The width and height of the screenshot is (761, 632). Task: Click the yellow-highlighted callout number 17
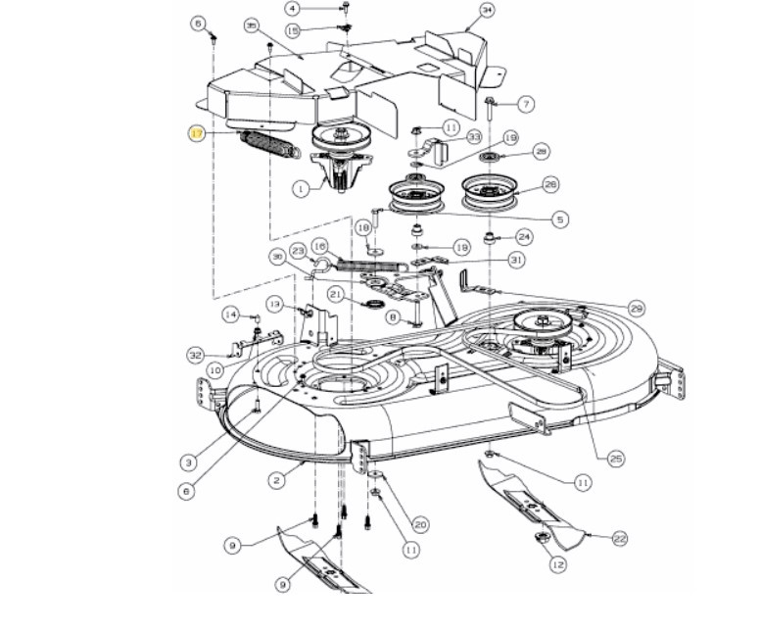[x=197, y=134]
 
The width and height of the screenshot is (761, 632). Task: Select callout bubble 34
[x=487, y=11]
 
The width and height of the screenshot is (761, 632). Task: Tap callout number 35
[x=224, y=24]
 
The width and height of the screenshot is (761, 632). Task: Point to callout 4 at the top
[x=291, y=8]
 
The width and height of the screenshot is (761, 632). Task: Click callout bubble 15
[x=293, y=31]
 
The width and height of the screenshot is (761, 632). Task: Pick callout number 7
[x=526, y=104]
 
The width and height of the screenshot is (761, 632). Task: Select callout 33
[x=474, y=137]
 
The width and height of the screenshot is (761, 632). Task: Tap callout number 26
[x=549, y=183]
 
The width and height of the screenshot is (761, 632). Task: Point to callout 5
[x=559, y=219]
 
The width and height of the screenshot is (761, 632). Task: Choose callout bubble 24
[x=524, y=236]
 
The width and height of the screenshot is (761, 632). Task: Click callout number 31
[x=516, y=260]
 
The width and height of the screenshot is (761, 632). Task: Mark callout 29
[x=637, y=309]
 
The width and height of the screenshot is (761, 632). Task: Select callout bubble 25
[x=615, y=458]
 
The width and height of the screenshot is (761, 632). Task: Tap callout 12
[x=557, y=564]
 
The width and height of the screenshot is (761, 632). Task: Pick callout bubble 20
[x=420, y=523]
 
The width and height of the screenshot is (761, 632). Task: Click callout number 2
[x=277, y=480]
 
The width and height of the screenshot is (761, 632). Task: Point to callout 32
[x=195, y=355]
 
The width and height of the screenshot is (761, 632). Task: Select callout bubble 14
[x=229, y=315]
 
